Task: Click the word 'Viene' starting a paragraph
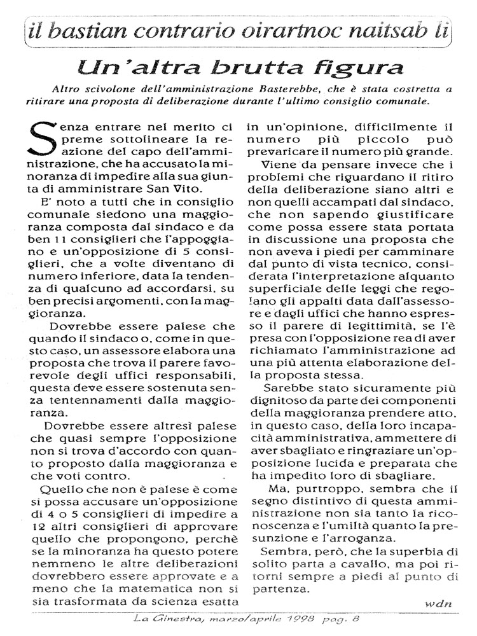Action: [274, 164]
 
